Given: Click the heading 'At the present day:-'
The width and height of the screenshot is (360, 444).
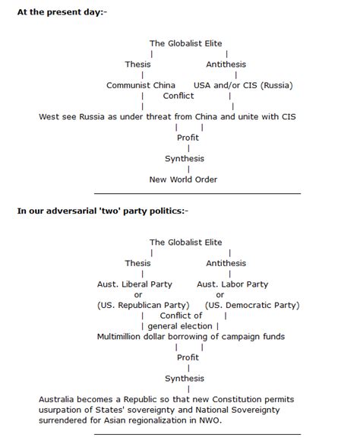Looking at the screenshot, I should tap(62, 14).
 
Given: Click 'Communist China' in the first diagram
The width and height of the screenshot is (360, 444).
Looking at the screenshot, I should tap(141, 85).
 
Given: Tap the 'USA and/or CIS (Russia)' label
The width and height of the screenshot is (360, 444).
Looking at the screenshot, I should tap(243, 85).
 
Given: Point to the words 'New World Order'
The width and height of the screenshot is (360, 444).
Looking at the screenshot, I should tap(183, 179).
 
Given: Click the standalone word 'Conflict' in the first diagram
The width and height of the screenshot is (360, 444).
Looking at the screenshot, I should tap(178, 96).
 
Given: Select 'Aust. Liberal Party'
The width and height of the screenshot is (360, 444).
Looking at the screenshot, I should tap(134, 284).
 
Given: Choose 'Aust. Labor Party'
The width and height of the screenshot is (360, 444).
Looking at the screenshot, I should tap(232, 284).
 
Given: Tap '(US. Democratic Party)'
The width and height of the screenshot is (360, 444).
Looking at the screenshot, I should tap(252, 305).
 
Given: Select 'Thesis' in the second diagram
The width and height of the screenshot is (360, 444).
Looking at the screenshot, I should tap(137, 263).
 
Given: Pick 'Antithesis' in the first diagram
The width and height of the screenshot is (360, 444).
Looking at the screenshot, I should tap(226, 65).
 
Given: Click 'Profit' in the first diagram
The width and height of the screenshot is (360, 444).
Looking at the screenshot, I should tap(188, 138).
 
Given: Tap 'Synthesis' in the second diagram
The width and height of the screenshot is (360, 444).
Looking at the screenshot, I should tap(185, 378).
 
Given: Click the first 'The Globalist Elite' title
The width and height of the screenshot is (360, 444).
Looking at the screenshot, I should tap(186, 43).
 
